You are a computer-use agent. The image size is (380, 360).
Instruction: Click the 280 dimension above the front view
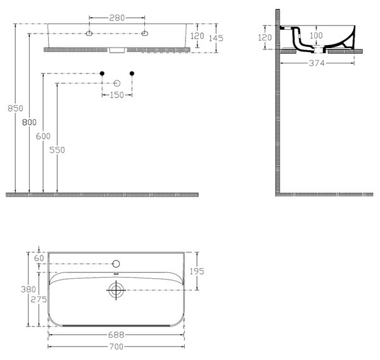117,18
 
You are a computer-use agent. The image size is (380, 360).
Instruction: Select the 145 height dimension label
216,38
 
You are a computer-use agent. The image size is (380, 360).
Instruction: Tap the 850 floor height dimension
15,108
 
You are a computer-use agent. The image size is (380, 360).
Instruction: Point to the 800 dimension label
29,122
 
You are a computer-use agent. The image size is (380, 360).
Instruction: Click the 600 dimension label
43,136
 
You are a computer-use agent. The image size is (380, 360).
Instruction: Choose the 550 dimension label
57,150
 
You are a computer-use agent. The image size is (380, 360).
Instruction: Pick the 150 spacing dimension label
117,95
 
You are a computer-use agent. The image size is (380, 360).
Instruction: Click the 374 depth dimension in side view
317,63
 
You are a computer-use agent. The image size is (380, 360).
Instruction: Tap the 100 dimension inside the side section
316,35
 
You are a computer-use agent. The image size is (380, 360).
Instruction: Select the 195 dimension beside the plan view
197,271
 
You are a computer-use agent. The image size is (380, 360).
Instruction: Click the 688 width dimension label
117,335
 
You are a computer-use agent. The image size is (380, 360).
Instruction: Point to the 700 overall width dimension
117,347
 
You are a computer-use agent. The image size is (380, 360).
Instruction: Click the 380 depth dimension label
28,289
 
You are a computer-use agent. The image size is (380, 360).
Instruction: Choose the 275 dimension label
39,299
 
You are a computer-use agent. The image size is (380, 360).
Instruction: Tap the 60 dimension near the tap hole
39,258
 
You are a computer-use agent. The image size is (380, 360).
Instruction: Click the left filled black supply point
102,74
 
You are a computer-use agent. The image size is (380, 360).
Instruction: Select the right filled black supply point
132,74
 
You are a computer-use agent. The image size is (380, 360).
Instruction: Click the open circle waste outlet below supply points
117,84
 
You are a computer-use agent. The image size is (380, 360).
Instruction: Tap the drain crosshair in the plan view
116,290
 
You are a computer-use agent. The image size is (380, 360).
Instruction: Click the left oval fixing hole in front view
89,34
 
